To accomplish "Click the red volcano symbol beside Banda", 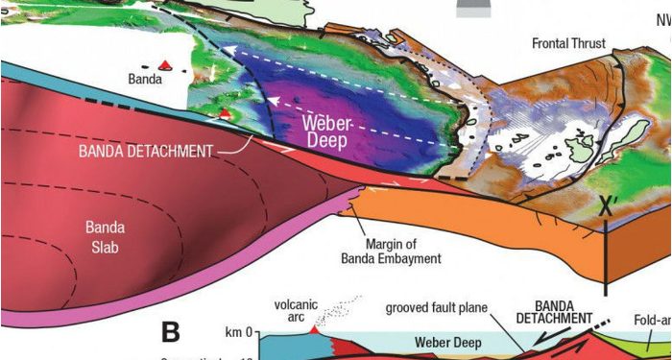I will pyautogui.click(x=166, y=65).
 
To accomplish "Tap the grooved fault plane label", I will pyautogui.click(x=438, y=309).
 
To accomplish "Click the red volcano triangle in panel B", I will pyautogui.click(x=312, y=330).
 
